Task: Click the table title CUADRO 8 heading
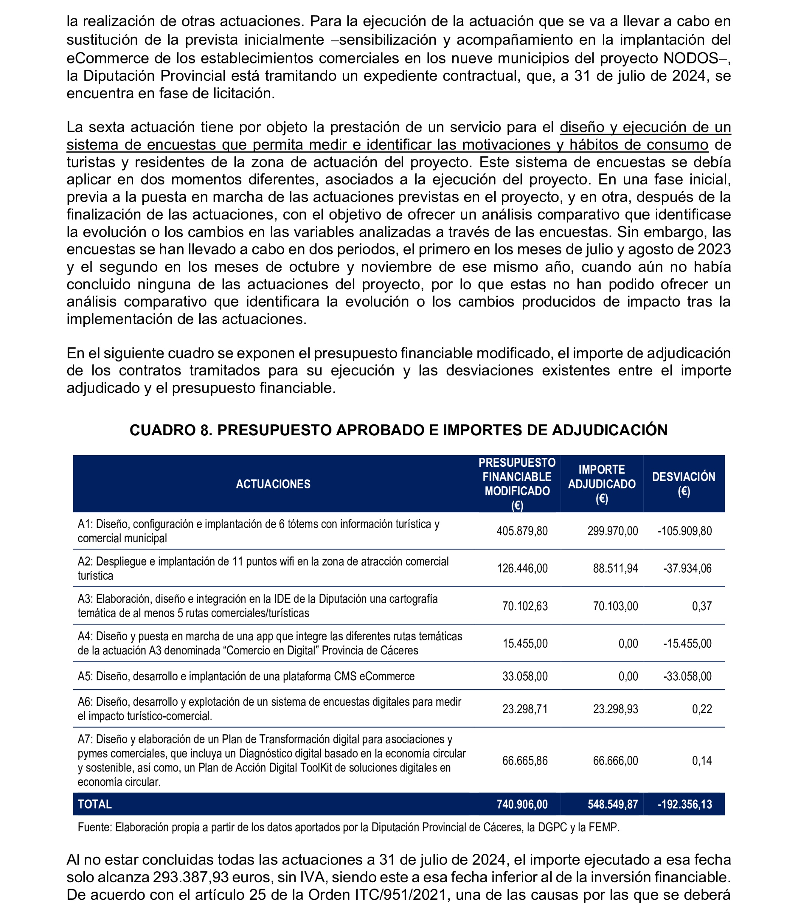[398, 430]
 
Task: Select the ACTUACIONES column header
[273, 484]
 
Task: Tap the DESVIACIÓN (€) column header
[684, 484]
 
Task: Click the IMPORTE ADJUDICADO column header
[602, 484]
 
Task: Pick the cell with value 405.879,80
[522, 531]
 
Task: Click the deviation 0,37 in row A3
[702, 606]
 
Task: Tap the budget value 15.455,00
[525, 644]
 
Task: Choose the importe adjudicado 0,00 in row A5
[628, 676]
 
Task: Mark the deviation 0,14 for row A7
[702, 761]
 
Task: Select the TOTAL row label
[95, 804]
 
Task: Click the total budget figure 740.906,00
[522, 804]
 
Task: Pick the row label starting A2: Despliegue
[263, 568]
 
